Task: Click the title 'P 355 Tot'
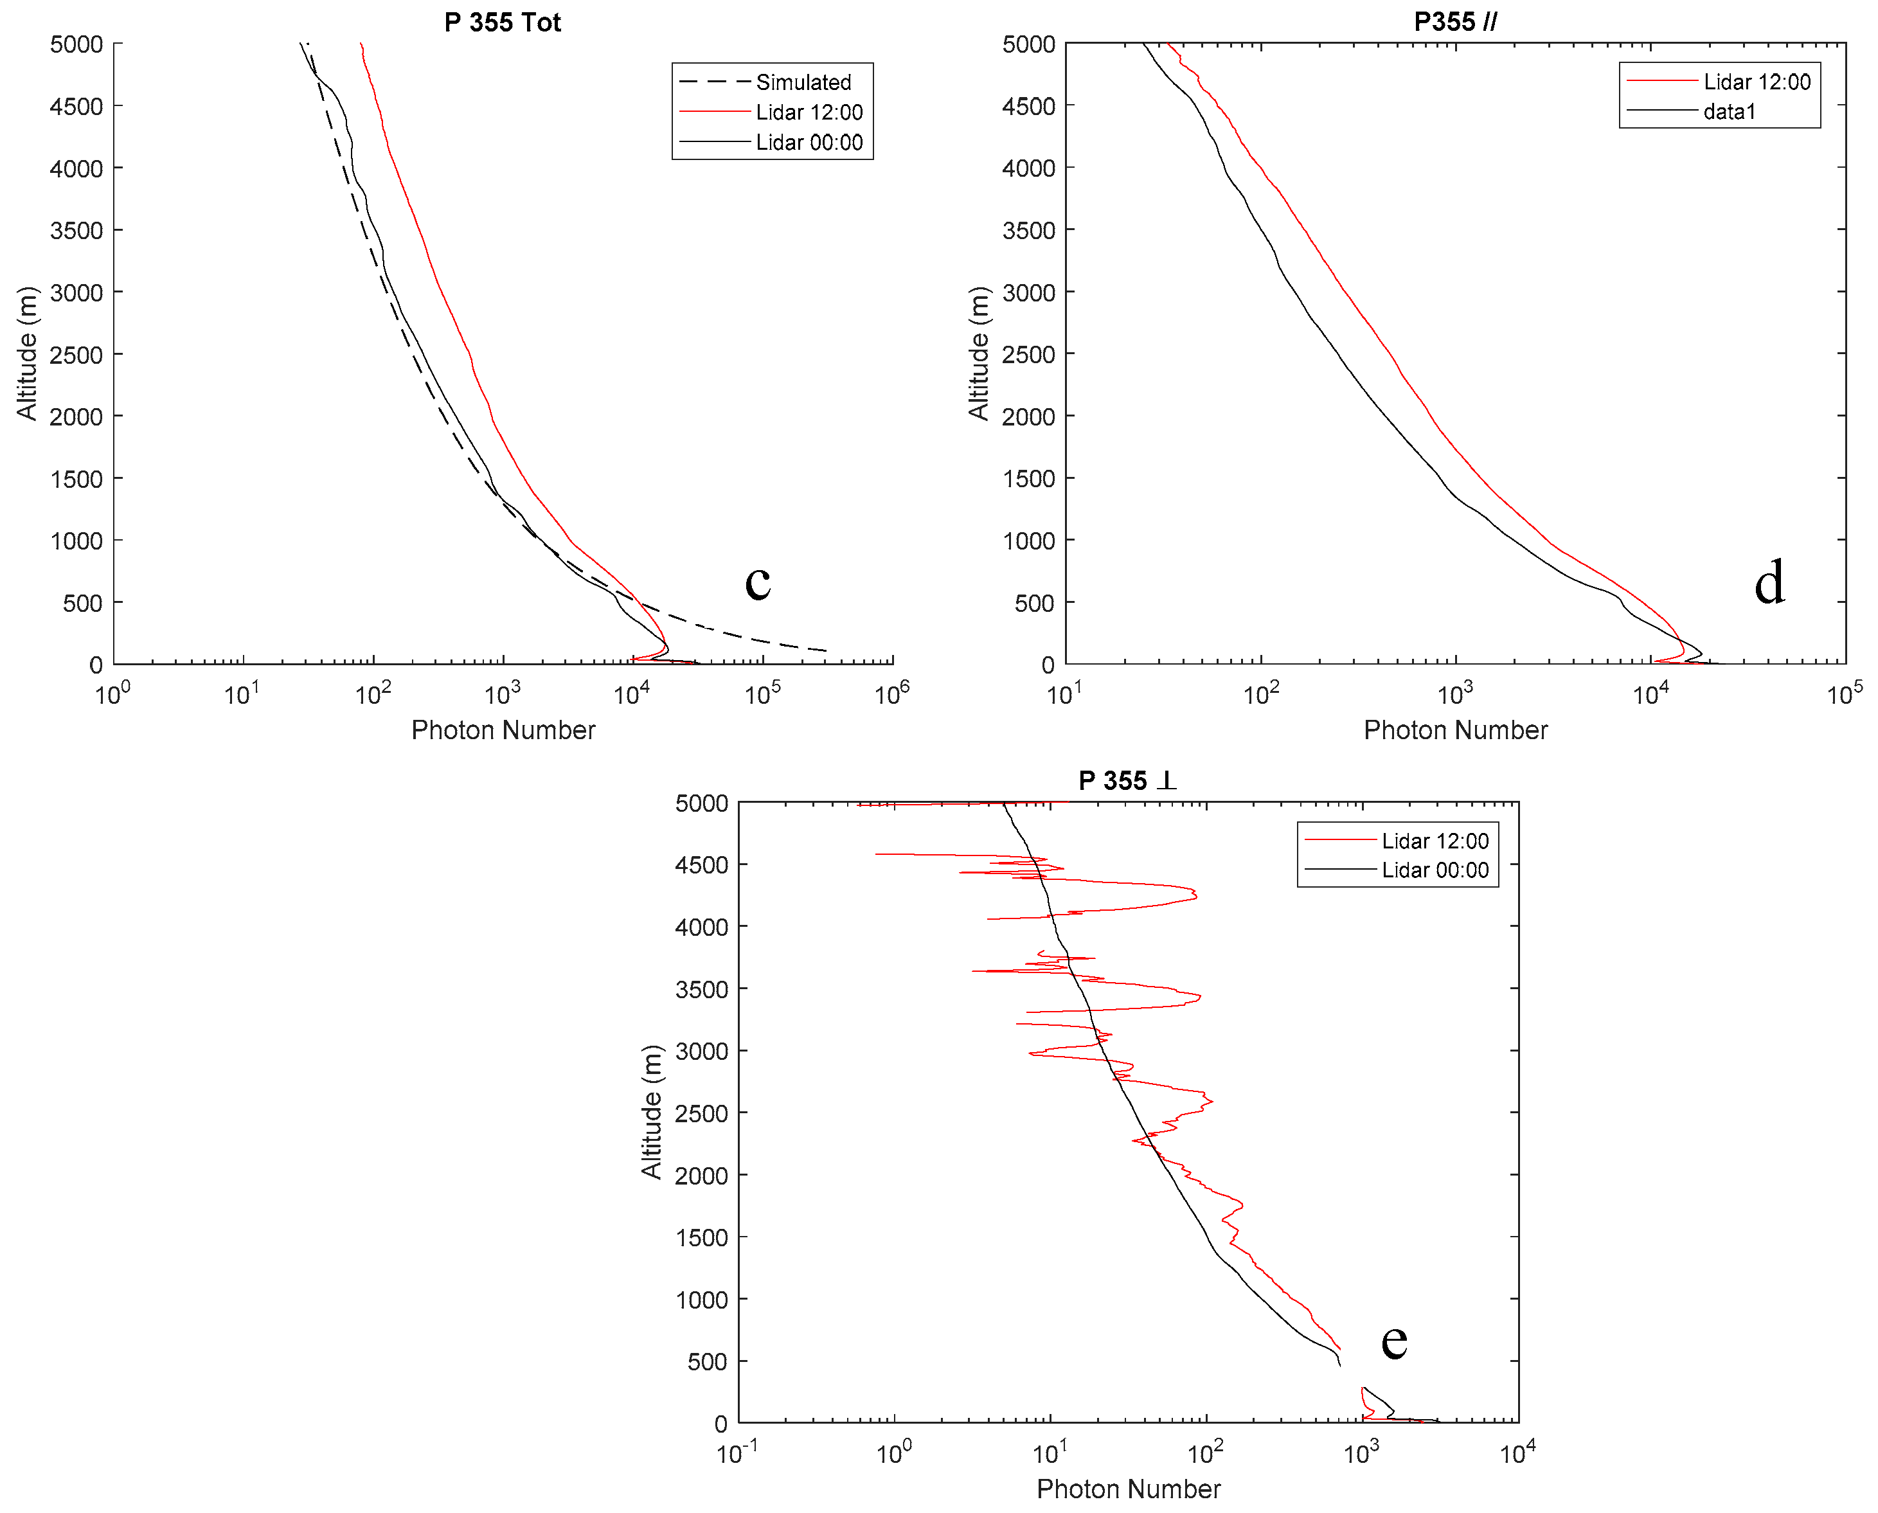click(x=502, y=22)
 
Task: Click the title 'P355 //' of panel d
click(x=1454, y=22)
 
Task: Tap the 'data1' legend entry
click(x=1729, y=112)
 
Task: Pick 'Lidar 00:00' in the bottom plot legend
click(x=1435, y=870)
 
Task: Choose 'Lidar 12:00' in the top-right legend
click(x=1756, y=82)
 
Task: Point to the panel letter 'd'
click(x=1769, y=583)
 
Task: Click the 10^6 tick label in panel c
click(x=891, y=695)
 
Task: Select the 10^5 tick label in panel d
click(x=1844, y=695)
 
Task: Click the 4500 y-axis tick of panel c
click(x=76, y=106)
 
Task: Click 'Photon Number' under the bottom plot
click(x=1128, y=1489)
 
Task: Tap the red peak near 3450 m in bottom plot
click(x=1199, y=996)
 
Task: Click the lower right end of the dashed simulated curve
click(x=825, y=650)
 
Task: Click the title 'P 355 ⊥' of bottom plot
click(x=1127, y=780)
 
